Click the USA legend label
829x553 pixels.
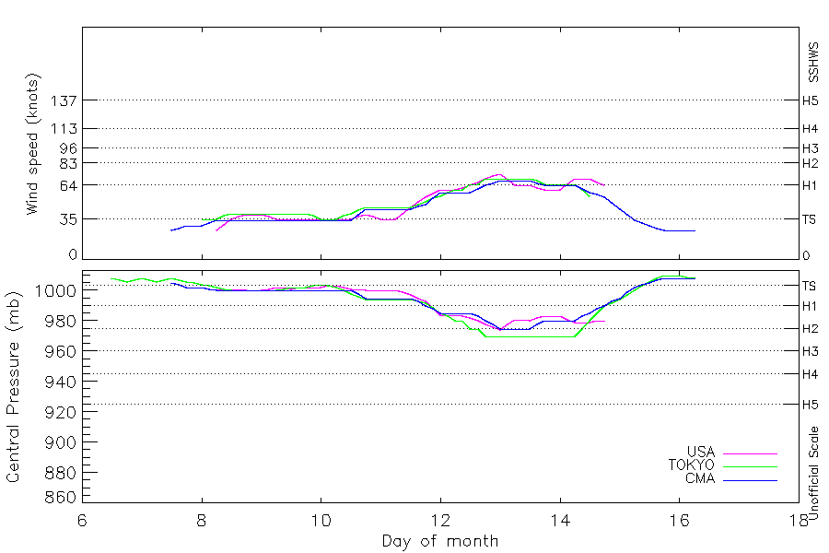701,452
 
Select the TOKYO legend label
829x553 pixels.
691,465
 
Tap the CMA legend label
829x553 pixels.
700,478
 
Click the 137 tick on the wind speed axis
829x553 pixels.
64,100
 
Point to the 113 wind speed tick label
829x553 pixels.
64,129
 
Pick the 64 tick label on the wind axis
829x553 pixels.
68,186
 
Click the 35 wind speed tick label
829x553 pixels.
68,219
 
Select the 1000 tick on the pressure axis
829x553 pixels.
55,290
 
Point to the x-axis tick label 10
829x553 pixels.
321,521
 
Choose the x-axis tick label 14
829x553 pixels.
560,521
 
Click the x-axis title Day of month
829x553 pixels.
440,541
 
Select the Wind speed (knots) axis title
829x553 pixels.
33,144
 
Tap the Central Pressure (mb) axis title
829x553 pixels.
13,387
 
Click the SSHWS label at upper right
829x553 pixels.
813,63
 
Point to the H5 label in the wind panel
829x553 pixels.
810,100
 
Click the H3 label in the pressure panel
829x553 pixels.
810,351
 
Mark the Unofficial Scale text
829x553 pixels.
813,474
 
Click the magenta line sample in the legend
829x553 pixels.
750,454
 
